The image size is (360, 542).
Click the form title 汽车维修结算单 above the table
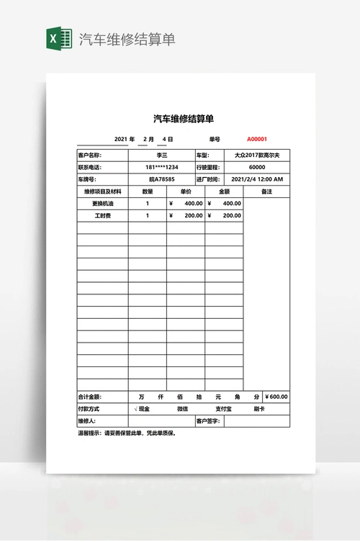pos(184,119)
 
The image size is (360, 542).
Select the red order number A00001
pos(257,139)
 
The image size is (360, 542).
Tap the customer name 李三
pos(162,155)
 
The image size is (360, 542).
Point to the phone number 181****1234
pos(162,167)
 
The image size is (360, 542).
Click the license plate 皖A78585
pos(162,179)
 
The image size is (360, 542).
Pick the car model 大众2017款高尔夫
pos(258,155)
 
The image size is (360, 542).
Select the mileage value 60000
pos(258,167)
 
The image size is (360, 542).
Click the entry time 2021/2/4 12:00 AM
pos(258,179)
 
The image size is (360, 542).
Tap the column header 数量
pos(148,191)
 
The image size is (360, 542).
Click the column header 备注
pos(266,191)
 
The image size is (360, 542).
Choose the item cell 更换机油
pos(103,204)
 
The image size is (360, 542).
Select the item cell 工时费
pos(103,215)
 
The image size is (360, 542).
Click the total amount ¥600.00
pos(276,397)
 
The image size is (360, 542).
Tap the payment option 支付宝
pos(213,409)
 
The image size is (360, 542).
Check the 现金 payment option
pos(144,409)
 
